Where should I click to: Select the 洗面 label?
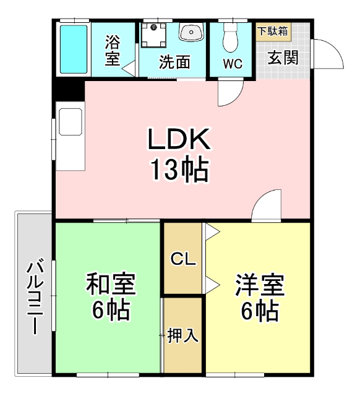[x=174, y=62]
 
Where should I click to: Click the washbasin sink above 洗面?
[x=191, y=32]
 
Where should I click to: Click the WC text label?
[x=232, y=64]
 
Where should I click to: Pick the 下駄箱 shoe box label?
[x=272, y=30]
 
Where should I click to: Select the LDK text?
[x=179, y=140]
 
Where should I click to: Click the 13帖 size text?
[x=179, y=169]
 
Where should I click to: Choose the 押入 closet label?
[x=183, y=336]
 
